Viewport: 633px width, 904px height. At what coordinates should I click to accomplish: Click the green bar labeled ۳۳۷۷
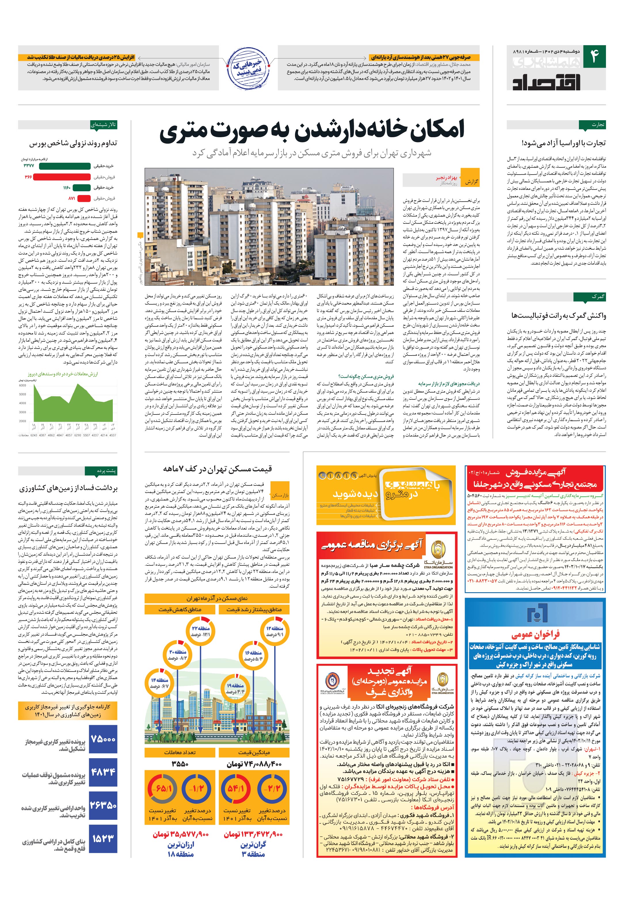pos(65,166)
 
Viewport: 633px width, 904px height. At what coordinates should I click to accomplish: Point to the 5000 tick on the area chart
pos(22,394)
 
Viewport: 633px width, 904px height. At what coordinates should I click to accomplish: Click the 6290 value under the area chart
pos(78,435)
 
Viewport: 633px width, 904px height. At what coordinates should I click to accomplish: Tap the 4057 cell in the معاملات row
pos(69,435)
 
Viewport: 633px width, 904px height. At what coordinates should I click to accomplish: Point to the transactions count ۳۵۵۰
pos(180,764)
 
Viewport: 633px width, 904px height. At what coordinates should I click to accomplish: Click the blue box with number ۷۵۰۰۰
pos(103,739)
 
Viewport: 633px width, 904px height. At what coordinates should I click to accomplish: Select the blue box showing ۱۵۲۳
pos(103,839)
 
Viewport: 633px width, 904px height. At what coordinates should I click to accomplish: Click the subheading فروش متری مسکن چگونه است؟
pos(365,376)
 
